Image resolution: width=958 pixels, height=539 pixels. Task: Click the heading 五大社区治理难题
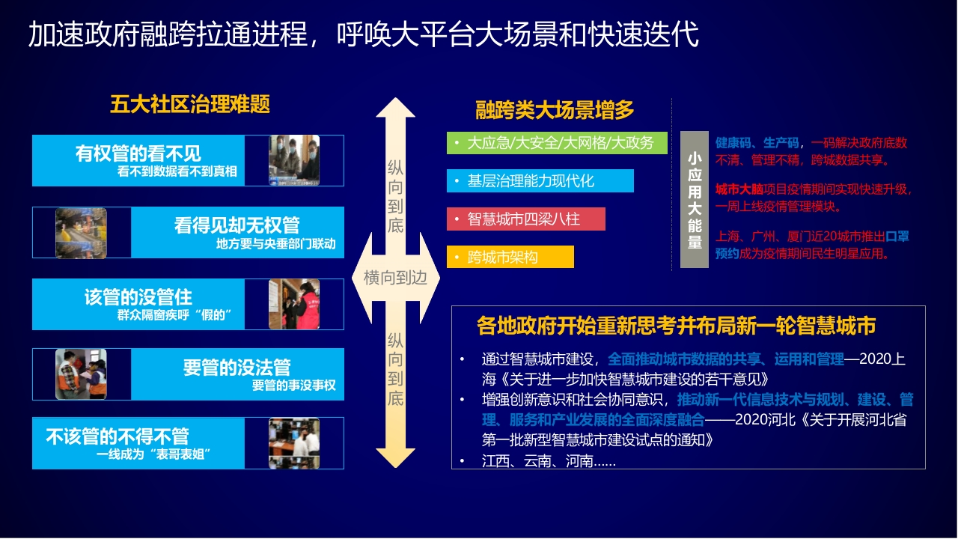[190, 104]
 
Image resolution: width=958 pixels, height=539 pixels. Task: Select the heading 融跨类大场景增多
[555, 109]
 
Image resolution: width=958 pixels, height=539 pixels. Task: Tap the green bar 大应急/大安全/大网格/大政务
[557, 143]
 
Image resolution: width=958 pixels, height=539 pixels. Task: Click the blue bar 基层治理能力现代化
[540, 181]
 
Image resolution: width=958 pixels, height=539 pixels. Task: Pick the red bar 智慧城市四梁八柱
[526, 219]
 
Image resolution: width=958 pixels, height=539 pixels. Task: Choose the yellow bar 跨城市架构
[510, 257]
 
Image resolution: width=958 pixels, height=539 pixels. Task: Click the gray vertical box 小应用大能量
[694, 200]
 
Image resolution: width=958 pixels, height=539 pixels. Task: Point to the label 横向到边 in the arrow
[395, 278]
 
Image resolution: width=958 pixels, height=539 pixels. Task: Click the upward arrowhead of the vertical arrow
[396, 107]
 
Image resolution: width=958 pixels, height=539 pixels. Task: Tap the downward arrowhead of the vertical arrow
[396, 457]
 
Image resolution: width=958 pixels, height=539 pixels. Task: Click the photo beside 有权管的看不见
[294, 160]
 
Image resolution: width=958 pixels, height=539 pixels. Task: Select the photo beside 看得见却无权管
[82, 233]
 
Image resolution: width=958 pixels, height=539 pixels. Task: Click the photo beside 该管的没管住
[294, 304]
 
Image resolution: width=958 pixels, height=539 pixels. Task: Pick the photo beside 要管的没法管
[82, 374]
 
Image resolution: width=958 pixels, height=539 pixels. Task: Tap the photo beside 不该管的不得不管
[294, 443]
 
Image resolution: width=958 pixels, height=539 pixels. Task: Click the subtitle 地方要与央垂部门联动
[276, 244]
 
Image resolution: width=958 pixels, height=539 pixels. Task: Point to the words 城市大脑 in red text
[739, 189]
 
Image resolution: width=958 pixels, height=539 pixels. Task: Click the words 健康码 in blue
[733, 143]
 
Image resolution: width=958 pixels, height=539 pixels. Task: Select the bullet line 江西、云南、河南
[549, 461]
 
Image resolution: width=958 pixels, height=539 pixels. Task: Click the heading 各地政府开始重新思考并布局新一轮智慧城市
[676, 326]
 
